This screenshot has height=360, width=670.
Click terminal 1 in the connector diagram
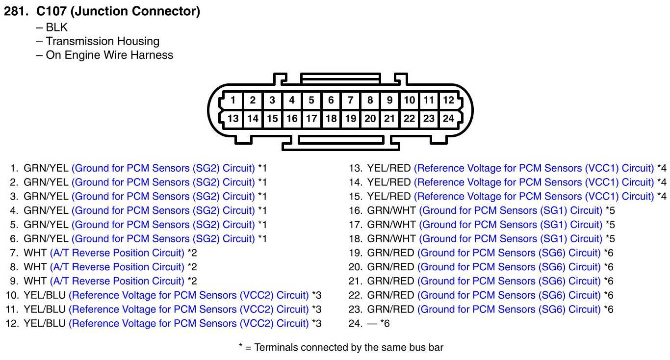click(x=233, y=100)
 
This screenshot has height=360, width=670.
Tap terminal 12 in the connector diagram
click(x=448, y=100)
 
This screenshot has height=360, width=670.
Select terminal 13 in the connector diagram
click(x=233, y=119)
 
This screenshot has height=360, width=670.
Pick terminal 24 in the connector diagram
click(x=448, y=119)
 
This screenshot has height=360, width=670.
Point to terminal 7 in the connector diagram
click(x=351, y=100)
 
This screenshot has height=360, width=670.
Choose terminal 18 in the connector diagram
click(x=331, y=119)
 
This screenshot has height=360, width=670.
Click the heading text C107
click(x=51, y=11)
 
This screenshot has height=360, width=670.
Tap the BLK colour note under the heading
click(x=56, y=27)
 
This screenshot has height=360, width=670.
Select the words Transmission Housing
click(x=103, y=41)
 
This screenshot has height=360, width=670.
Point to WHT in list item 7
click(x=35, y=253)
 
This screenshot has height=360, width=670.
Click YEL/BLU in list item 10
click(x=45, y=295)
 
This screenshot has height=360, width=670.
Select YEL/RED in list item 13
click(x=389, y=168)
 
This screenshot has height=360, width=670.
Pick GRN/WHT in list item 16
click(x=391, y=210)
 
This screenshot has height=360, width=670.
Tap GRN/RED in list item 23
click(x=390, y=309)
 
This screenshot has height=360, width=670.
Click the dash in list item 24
click(x=372, y=324)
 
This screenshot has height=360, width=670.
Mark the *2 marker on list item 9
click(x=192, y=281)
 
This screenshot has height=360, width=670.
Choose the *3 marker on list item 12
click(x=317, y=324)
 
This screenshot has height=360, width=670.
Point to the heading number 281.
click(x=16, y=11)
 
